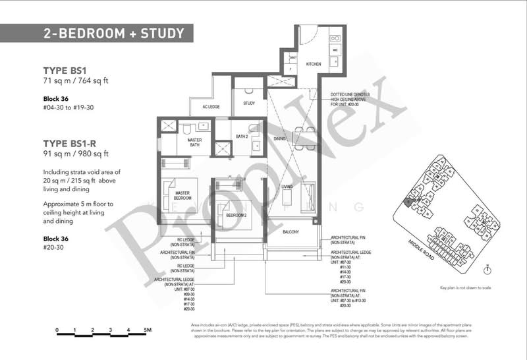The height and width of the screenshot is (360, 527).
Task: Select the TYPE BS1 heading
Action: pos(69,70)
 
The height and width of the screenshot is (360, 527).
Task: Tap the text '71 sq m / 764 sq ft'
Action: pos(82,81)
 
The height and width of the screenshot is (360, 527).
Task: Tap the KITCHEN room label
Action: pos(314,65)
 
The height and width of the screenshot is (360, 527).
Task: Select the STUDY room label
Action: pos(249,104)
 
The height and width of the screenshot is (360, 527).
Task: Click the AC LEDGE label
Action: pos(200,106)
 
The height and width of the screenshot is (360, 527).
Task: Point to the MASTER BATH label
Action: pos(194,142)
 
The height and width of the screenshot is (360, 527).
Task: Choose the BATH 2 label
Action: pos(242,136)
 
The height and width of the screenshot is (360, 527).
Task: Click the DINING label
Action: pos(281,138)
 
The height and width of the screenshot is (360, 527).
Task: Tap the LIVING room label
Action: pos(287,187)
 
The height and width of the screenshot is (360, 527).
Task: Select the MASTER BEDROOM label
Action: pos(183,195)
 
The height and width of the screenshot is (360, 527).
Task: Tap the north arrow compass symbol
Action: pos(485,269)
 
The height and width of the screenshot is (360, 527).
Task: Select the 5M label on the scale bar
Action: pos(148,329)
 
